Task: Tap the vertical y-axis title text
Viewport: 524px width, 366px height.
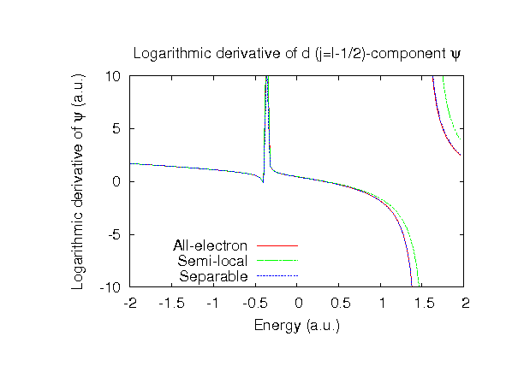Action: tap(80, 181)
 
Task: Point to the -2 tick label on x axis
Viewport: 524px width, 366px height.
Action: tap(130, 304)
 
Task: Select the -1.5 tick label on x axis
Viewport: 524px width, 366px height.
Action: tap(172, 304)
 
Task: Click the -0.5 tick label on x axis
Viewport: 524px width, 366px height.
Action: tap(255, 304)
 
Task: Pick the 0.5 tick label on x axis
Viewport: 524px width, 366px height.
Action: tap(339, 304)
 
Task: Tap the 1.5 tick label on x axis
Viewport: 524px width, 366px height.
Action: tap(422, 304)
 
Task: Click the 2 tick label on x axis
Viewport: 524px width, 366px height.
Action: tap(464, 304)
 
